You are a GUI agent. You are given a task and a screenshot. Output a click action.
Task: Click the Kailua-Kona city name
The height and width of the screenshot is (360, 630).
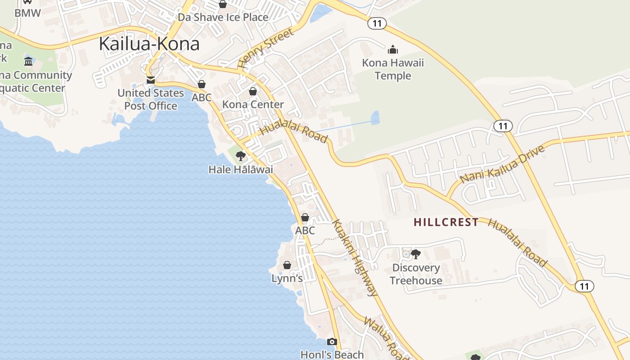point(149,44)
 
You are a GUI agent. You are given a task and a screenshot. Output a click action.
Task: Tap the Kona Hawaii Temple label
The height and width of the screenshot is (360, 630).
point(393,69)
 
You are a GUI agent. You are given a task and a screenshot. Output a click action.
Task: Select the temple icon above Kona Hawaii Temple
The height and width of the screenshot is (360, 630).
point(393,49)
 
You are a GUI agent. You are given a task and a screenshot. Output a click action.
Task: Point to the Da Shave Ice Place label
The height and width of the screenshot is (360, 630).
point(223,18)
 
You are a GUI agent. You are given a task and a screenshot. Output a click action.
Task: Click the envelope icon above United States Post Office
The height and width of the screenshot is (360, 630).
point(151,80)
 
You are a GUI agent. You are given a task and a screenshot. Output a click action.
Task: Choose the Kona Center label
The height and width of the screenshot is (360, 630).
point(253,104)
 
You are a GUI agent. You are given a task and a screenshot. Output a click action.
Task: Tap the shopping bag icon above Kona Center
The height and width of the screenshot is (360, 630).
point(253,91)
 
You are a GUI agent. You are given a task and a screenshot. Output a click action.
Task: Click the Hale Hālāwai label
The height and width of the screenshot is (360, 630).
point(241,170)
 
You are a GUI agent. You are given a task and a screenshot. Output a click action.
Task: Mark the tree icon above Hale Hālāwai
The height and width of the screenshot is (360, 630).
point(241,156)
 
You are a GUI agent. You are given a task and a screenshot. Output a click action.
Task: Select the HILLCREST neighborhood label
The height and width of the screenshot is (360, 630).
point(446,222)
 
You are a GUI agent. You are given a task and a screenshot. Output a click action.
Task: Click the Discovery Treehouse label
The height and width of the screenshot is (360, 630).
point(416,274)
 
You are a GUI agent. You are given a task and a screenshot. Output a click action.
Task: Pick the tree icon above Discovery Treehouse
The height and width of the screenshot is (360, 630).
point(416,254)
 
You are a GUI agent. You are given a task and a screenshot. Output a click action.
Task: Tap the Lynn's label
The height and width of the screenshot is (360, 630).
point(287,279)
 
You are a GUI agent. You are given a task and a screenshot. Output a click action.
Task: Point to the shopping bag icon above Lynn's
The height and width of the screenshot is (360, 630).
point(287,265)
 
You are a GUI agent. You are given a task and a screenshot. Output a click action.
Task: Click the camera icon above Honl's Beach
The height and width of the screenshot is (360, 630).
point(332,342)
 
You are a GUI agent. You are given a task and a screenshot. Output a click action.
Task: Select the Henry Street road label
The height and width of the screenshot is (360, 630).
point(265,48)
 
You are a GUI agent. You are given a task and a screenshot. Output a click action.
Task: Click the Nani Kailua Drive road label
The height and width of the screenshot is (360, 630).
point(502,163)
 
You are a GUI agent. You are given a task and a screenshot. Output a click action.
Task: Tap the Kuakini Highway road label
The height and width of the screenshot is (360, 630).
point(355,257)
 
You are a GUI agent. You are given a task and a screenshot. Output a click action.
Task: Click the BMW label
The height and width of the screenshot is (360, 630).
point(27,13)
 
